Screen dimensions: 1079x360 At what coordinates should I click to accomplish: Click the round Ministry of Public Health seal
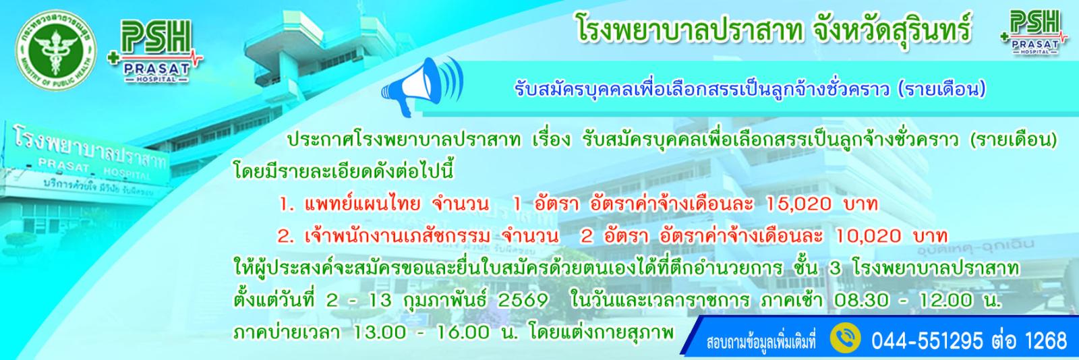pos(56,51)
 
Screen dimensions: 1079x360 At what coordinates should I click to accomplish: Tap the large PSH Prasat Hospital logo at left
pos(155,51)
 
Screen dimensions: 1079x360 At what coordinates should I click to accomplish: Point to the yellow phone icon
pos(846,340)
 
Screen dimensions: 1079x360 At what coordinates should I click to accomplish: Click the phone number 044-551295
pos(927,340)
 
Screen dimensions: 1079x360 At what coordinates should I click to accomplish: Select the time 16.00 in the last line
pos(462,332)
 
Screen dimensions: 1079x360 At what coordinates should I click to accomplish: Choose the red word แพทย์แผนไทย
pos(361,204)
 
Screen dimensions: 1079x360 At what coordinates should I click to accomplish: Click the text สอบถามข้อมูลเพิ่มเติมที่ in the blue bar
pos(761,342)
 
